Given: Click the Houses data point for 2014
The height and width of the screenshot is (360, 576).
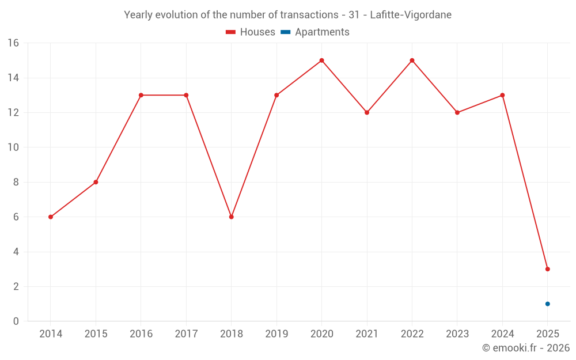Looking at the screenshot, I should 51,217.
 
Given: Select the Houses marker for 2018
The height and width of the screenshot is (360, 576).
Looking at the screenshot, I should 231,217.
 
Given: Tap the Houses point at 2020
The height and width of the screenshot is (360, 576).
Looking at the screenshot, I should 321,60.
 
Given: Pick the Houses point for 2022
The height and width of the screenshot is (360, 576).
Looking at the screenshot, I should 412,60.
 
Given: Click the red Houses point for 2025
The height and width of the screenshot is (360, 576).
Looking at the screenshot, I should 547,269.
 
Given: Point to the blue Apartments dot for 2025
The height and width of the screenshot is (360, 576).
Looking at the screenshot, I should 547,304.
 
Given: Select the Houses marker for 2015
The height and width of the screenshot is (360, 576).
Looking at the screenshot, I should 96,182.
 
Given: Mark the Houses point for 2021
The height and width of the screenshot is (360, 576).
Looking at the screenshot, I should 367,112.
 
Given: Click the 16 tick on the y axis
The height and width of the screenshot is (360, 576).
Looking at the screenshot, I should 13,43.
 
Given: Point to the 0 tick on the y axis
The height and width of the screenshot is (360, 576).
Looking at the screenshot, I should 16,321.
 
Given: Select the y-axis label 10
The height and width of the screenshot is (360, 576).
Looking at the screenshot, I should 13,147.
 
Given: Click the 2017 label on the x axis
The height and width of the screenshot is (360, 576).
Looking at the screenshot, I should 186,334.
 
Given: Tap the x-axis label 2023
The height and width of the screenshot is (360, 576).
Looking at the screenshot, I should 457,334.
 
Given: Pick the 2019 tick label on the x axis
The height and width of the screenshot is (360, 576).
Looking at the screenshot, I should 276,334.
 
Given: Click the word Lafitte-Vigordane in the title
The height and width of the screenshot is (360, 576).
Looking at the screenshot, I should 411,14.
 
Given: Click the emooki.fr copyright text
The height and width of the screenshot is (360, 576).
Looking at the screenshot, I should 525,348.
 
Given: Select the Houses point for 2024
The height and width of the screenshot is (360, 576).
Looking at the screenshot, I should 502,95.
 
